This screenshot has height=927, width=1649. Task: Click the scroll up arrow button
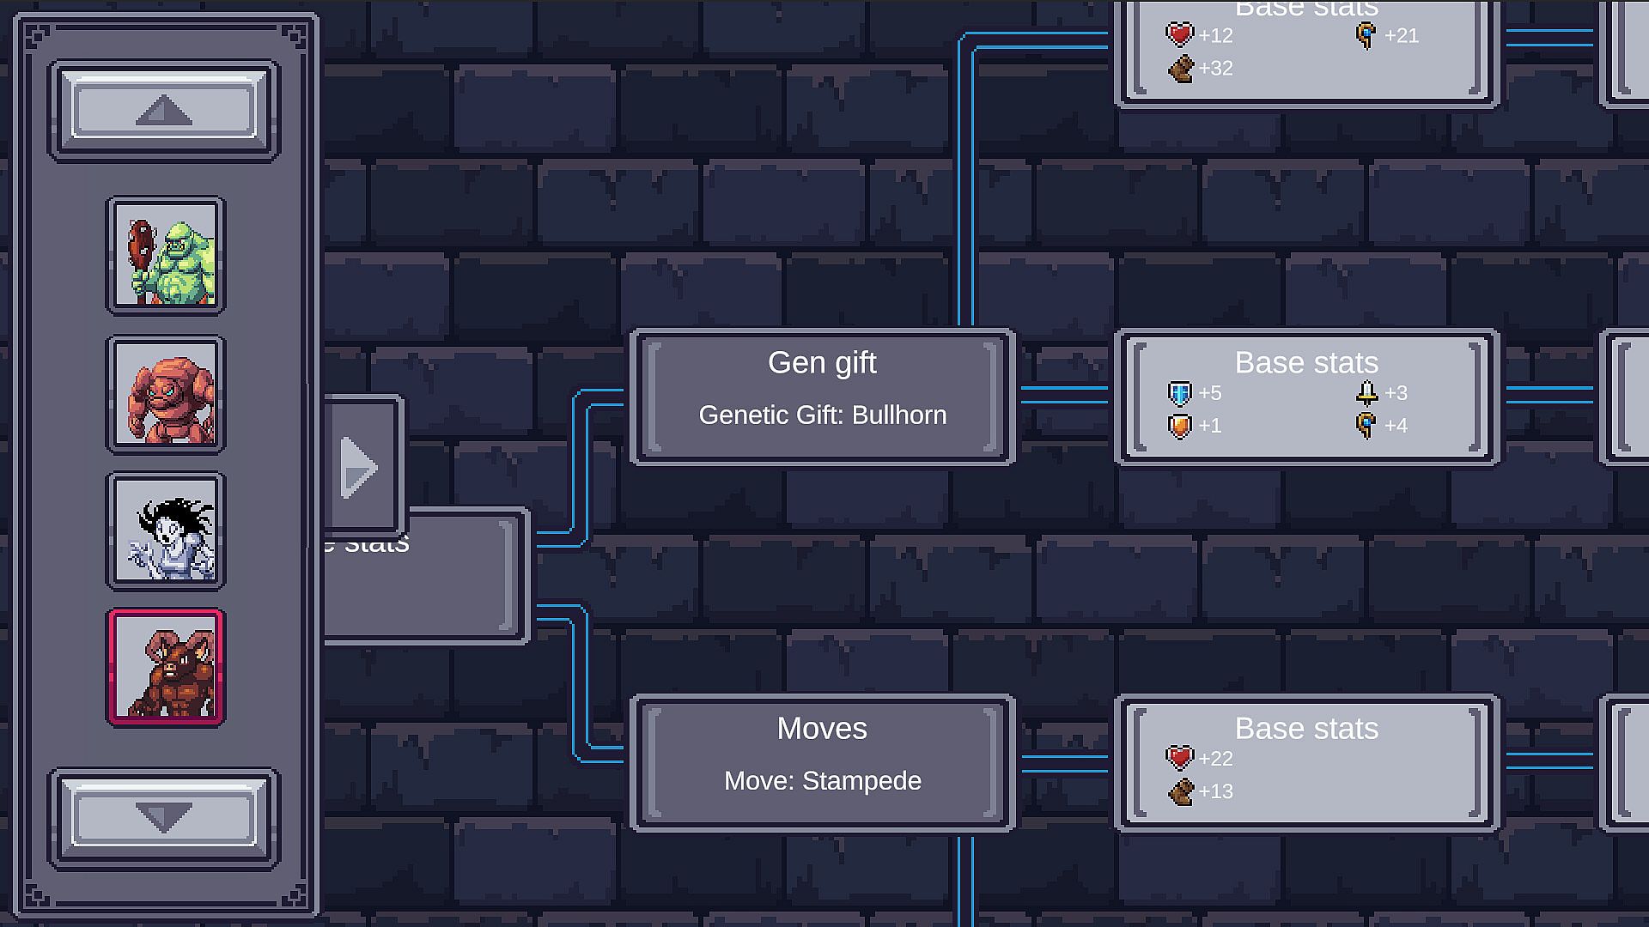coord(164,110)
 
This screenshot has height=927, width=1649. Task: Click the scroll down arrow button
coord(164,817)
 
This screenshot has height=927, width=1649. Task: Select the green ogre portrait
coord(166,256)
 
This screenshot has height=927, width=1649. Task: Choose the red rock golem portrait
coord(166,395)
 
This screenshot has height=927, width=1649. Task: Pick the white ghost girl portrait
coord(166,531)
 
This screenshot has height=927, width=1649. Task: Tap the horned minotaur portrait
coord(166,668)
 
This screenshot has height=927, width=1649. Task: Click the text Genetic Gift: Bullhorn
coord(822,415)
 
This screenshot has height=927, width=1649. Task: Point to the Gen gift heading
coord(822,363)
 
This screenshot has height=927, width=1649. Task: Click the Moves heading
coord(822,729)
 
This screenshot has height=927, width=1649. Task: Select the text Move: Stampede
coord(822,781)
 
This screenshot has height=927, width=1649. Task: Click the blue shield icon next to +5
coord(1180,394)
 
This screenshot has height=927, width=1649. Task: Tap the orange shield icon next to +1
coord(1180,427)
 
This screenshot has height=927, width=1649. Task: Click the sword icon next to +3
coord(1366,394)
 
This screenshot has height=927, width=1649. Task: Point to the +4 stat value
coord(1396,426)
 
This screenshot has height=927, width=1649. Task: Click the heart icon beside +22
coord(1180,759)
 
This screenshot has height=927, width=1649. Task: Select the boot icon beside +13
coord(1181,791)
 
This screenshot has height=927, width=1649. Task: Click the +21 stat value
coord(1402,36)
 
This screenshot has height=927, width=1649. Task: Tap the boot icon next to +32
coord(1181,69)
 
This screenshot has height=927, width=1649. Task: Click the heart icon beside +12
coord(1180,35)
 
